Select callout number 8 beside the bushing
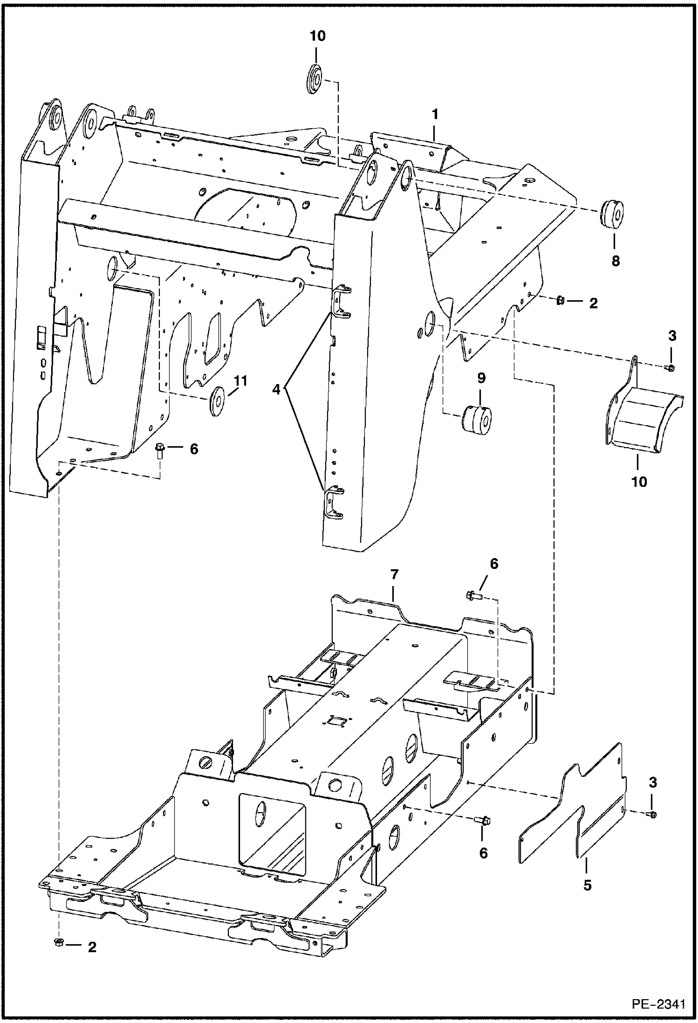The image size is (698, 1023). point(616,261)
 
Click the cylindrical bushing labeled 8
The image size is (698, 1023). point(611,215)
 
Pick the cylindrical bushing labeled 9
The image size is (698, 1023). point(478,420)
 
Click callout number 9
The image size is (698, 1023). point(481,378)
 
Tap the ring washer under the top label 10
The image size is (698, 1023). point(315,79)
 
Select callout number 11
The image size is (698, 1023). point(240,381)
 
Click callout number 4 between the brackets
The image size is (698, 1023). point(277,389)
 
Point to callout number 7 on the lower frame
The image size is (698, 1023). point(394,574)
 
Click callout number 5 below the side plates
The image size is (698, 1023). point(587,885)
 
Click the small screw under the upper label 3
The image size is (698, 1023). point(670,368)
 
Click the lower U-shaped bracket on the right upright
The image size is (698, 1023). point(334,503)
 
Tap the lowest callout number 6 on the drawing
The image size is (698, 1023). point(484,854)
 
